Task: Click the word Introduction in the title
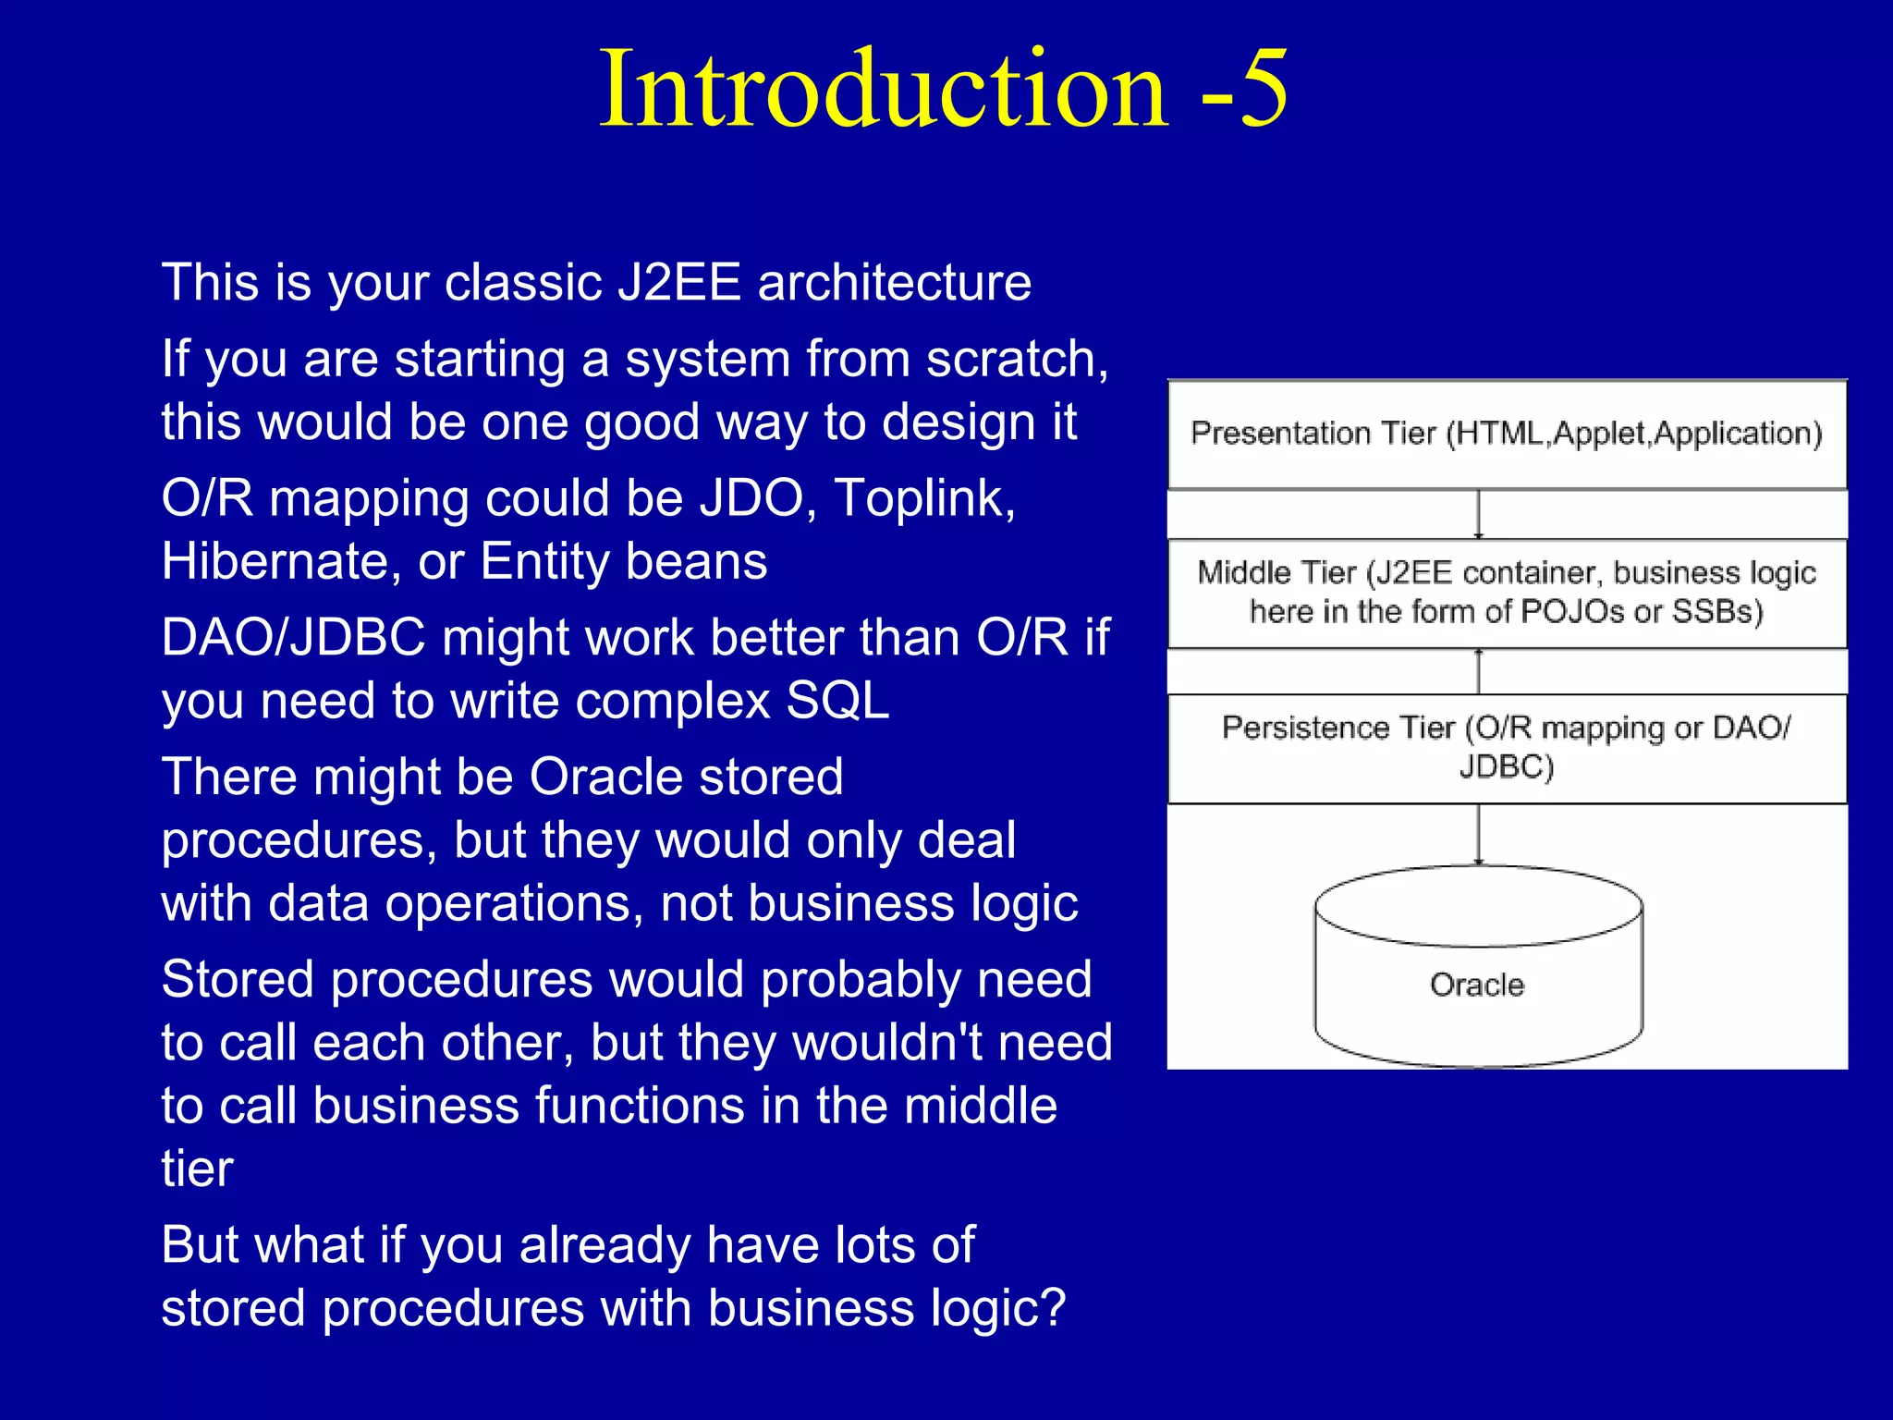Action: pyautogui.click(x=884, y=89)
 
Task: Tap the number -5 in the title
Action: pyautogui.click(x=1242, y=89)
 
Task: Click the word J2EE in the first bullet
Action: pyautogui.click(x=678, y=282)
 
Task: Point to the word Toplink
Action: pyautogui.click(x=924, y=498)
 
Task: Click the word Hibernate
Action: pyautogui.click(x=274, y=561)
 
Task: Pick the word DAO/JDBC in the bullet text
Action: pyautogui.click(x=293, y=638)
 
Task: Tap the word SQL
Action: pyautogui.click(x=837, y=701)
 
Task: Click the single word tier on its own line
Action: pyautogui.click(x=197, y=1169)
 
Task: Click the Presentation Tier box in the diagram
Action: pyautogui.click(x=1507, y=434)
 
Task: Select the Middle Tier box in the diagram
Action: pyautogui.click(x=1507, y=593)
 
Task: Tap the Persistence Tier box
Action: pyautogui.click(x=1507, y=747)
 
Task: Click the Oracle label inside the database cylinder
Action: pyautogui.click(x=1476, y=985)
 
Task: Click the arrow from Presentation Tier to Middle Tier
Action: pyautogui.click(x=1478, y=514)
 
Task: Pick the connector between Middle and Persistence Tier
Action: pyautogui.click(x=1478, y=671)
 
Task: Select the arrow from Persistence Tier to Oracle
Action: pyautogui.click(x=1478, y=834)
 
